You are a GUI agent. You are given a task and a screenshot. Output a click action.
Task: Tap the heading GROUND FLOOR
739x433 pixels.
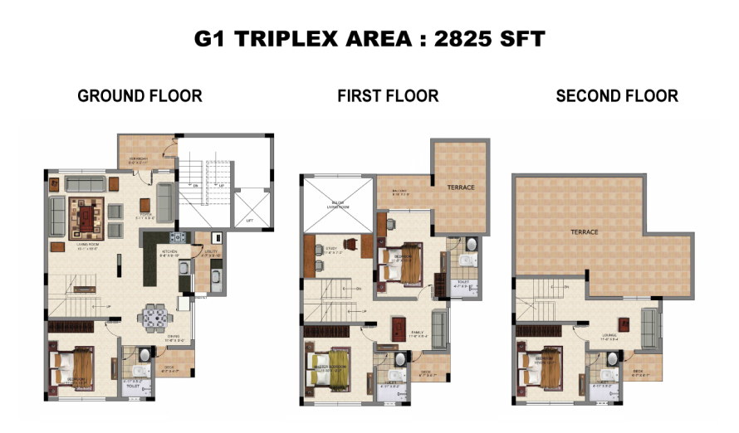(139, 96)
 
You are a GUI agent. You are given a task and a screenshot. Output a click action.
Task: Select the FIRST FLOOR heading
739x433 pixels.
(388, 96)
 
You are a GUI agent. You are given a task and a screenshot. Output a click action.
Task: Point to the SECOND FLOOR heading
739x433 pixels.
(617, 96)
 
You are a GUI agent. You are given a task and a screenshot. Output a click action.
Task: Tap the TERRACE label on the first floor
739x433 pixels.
(460, 187)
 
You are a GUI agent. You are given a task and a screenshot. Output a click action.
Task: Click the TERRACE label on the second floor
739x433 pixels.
(583, 232)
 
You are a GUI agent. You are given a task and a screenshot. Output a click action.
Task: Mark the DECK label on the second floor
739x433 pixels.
(638, 371)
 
